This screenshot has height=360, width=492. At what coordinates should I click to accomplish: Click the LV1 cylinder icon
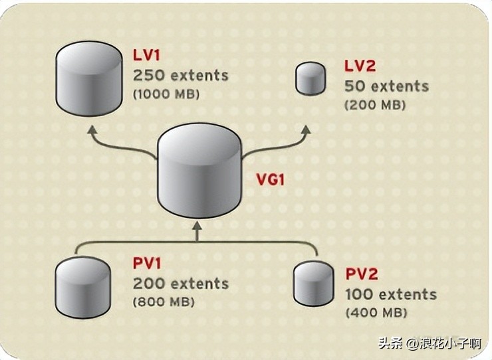click(88, 78)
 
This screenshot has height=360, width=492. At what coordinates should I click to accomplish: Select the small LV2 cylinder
click(310, 78)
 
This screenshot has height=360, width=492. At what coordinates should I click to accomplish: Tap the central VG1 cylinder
click(199, 170)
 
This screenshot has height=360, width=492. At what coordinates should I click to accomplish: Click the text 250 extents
click(181, 75)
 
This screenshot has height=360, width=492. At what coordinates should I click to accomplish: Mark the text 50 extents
click(386, 86)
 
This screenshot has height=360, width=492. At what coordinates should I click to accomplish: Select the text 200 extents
click(181, 284)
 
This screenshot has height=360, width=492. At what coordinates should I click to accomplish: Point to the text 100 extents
click(391, 294)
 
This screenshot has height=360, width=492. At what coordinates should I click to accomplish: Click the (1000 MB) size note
click(166, 94)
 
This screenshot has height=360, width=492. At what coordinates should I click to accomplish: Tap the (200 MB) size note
click(374, 105)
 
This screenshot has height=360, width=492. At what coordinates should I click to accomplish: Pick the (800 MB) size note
click(164, 302)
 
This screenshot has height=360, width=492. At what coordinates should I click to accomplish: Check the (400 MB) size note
click(376, 312)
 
